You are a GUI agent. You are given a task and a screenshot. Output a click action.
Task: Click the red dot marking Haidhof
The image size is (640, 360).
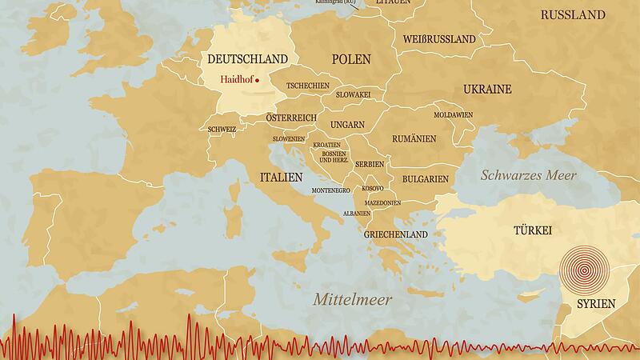pos(258,80)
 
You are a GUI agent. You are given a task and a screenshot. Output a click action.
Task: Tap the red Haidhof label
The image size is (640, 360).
pos(236,79)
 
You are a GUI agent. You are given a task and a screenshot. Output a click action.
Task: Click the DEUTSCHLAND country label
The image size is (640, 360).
pos(247,59)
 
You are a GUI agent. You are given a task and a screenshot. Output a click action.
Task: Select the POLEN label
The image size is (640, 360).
pos(351,59)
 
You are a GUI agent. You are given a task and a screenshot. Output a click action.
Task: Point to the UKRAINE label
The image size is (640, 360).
pos(486,90)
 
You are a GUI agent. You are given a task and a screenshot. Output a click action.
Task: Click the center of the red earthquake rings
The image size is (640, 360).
pos(584,270)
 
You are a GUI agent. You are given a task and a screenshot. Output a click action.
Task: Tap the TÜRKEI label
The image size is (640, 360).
pos(533,230)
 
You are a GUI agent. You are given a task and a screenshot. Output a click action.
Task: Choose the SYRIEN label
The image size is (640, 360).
pos(596,304)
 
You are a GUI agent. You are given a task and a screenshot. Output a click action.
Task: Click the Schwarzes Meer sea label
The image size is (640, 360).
pos(528,175)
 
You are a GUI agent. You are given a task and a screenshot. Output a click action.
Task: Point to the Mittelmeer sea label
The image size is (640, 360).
pos(352,300)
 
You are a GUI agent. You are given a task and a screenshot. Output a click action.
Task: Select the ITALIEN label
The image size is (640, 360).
pos(281,176)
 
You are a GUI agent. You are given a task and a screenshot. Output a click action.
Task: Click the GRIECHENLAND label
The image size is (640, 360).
pos(396,234)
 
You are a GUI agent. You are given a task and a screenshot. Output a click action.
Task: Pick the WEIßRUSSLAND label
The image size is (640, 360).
pos(438,38)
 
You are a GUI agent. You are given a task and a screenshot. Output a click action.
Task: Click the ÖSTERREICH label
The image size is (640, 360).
pos(292,118)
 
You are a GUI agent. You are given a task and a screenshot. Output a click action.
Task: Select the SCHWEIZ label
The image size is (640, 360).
pos(222,129)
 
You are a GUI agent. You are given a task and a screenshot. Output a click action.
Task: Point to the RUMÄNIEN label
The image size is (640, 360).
pos(414,138)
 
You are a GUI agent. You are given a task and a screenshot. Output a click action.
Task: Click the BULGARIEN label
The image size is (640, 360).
pos(424,179)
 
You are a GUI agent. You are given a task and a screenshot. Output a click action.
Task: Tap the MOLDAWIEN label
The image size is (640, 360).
pos(454,114)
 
